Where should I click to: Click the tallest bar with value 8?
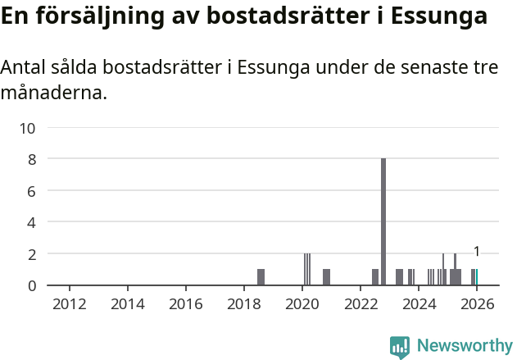[x=383, y=221]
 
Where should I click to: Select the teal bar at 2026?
[x=477, y=277]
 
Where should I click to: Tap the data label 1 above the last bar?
[x=477, y=252]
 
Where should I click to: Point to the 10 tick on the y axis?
[x=28, y=128]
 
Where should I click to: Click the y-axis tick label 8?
[x=31, y=159]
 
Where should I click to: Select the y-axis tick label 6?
[x=31, y=191]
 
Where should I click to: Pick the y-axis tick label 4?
[x=31, y=222]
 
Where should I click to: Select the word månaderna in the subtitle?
[x=54, y=93]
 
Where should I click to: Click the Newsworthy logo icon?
[x=400, y=346]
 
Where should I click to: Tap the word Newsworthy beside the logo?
[x=464, y=346]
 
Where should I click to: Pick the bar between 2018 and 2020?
[x=261, y=277]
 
